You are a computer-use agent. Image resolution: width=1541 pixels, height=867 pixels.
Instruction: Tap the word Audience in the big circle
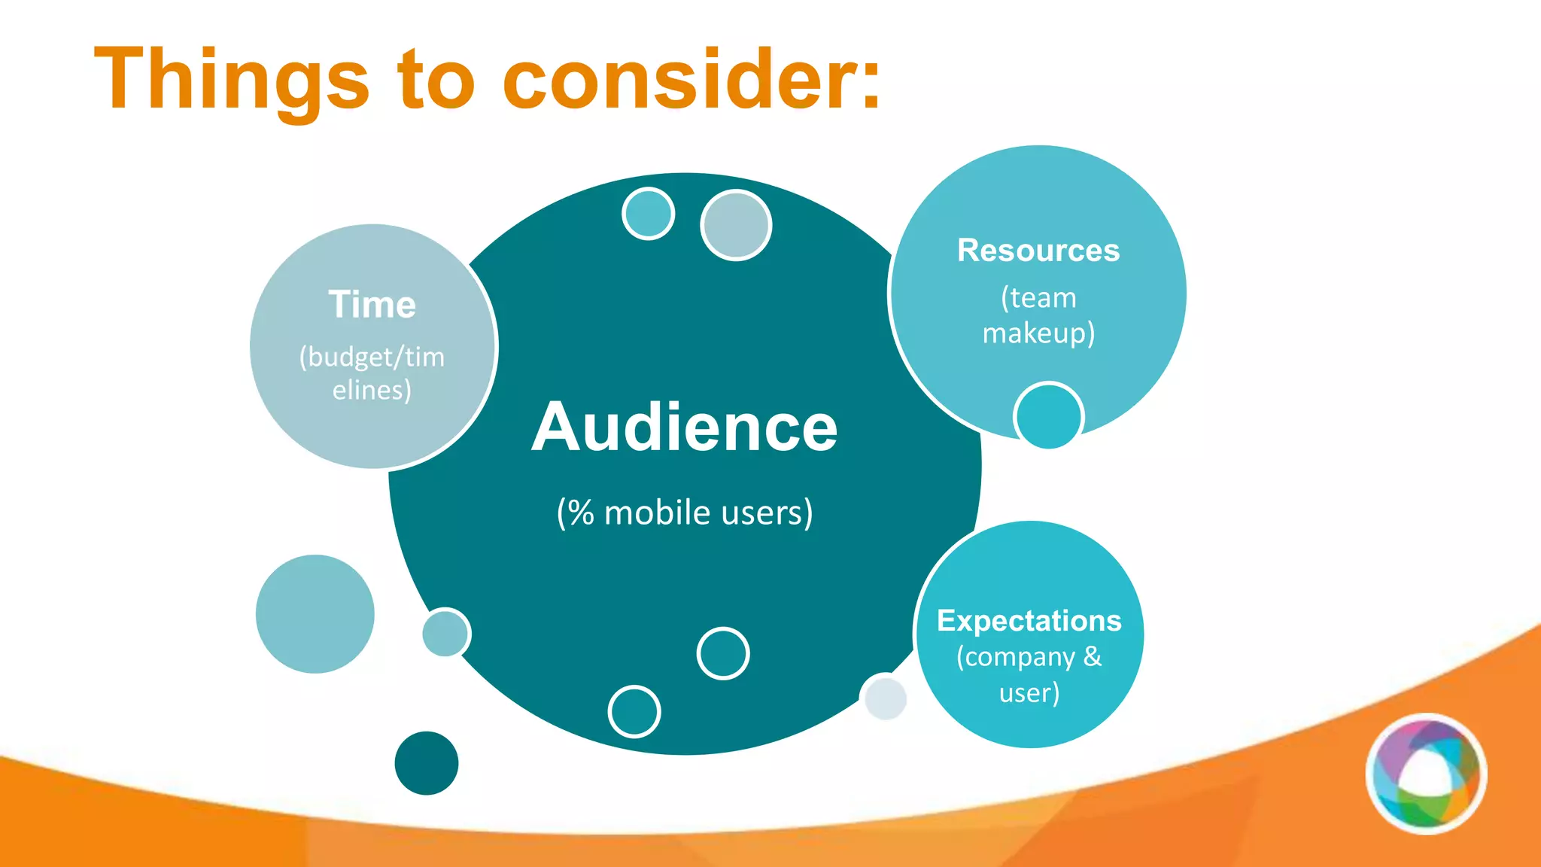coord(684,427)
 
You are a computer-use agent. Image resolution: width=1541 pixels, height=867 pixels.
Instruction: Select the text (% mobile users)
coord(684,513)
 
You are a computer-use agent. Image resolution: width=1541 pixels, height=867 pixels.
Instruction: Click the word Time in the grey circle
coord(372,305)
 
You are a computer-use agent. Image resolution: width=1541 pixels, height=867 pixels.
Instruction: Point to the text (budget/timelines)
coord(372,373)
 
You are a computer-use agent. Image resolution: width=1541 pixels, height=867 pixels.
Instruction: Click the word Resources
coord(1038,251)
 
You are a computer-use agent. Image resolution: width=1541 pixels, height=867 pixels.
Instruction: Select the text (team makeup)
coord(1038,315)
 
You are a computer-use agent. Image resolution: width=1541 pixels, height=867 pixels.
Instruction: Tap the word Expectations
coord(1029,621)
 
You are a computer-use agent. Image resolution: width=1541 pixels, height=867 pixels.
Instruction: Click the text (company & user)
coord(1029,674)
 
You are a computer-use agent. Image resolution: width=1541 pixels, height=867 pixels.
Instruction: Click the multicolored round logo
coord(1426,774)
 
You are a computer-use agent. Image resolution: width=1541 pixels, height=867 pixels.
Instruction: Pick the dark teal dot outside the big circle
coord(426,763)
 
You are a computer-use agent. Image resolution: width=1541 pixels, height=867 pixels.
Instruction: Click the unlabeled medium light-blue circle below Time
coord(315,614)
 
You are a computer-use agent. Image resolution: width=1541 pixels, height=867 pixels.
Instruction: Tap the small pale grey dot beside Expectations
coord(885,698)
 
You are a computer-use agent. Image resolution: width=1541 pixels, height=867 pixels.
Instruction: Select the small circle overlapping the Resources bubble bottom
coord(1048,416)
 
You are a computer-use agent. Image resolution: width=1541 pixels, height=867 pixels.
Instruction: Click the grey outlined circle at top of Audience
coord(736,225)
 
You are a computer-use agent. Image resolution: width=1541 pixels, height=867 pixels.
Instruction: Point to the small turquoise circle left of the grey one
coord(648,214)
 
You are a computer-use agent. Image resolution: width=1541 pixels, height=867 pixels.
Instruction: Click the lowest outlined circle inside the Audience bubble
coord(634,711)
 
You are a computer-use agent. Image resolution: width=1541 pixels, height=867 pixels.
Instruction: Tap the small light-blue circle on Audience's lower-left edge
coord(445,633)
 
